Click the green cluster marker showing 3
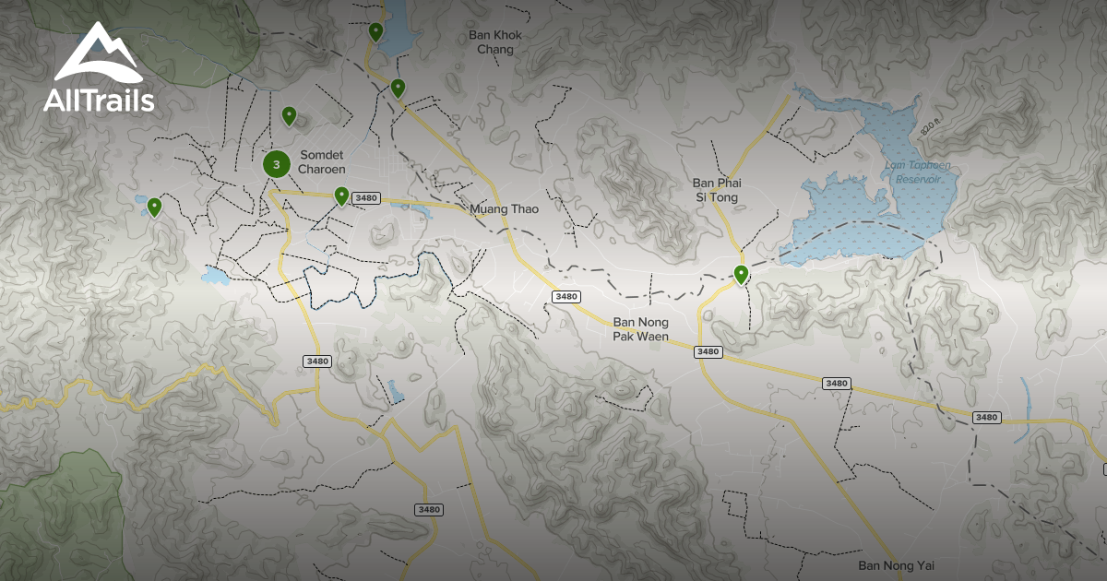(276, 164)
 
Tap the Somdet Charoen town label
(322, 163)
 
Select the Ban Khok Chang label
(495, 42)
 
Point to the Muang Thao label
(504, 209)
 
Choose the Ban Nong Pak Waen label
(641, 329)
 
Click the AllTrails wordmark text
(99, 101)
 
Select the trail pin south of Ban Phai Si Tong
(741, 273)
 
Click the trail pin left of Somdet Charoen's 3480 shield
(341, 195)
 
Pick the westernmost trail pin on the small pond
(154, 207)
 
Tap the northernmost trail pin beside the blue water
(375, 31)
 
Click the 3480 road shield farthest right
(986, 418)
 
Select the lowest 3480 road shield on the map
(429, 509)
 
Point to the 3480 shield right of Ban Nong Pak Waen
(708, 351)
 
